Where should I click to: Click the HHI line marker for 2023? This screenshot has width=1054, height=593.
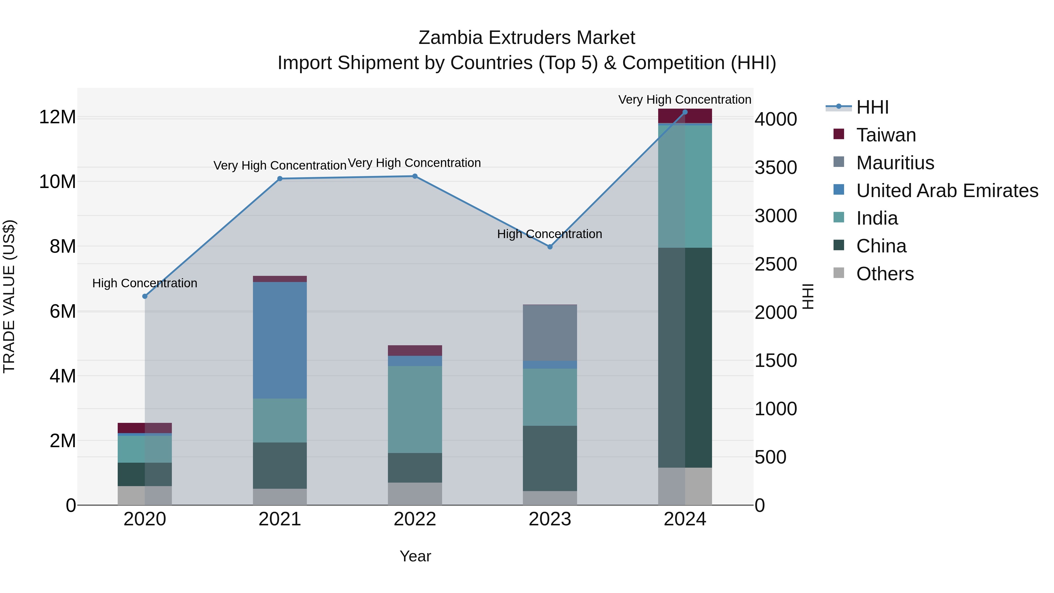click(x=550, y=247)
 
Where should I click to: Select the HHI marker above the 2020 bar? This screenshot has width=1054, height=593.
click(x=145, y=296)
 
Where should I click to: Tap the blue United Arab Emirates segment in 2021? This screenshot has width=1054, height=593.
click(x=280, y=340)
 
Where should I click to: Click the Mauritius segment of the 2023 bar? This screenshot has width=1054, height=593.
click(x=550, y=333)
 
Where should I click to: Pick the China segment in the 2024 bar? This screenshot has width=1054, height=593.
click(x=685, y=357)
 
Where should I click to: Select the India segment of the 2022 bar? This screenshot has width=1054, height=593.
click(x=415, y=409)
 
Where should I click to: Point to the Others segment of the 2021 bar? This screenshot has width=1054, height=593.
click(x=280, y=497)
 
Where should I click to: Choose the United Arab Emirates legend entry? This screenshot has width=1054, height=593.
click(x=947, y=191)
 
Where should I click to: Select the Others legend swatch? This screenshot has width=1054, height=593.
click(x=839, y=273)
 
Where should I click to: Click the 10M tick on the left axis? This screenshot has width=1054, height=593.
click(x=57, y=182)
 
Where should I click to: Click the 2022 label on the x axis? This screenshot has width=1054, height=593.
click(x=415, y=519)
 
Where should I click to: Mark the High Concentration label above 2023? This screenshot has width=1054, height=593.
click(x=550, y=234)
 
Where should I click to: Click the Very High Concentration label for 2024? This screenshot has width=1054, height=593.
click(x=685, y=100)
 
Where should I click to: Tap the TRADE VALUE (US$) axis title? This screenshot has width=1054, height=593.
click(x=9, y=296)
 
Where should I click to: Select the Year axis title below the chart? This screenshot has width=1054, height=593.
click(x=415, y=556)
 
